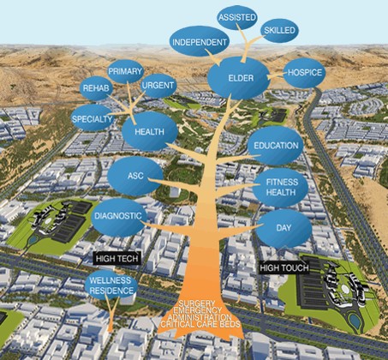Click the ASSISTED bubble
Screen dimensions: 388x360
coord(237,17)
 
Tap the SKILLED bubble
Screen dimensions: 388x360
coord(279,31)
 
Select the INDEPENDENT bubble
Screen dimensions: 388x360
coord(200,42)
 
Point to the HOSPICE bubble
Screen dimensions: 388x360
coord(305,73)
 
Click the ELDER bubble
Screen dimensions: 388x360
coord(239,78)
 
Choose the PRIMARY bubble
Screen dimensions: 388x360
coord(125,71)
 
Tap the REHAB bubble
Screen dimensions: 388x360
coord(96,88)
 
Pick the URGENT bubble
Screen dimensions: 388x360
coord(158,86)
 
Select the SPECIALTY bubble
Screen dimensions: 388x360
coord(92,118)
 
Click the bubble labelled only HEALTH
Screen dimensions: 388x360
coord(150,131)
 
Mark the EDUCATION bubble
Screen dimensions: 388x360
coord(276,146)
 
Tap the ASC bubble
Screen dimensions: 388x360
coord(135,176)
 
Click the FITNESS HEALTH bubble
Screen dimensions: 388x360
coord(280,188)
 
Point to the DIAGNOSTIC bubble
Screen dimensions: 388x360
coord(118,216)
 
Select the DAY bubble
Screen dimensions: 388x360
coord(284,228)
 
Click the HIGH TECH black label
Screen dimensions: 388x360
coord(117,259)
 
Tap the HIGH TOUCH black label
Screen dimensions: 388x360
coord(284,268)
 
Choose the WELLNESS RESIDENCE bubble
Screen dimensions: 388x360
coord(111,285)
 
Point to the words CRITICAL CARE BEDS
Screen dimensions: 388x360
coord(200,324)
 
